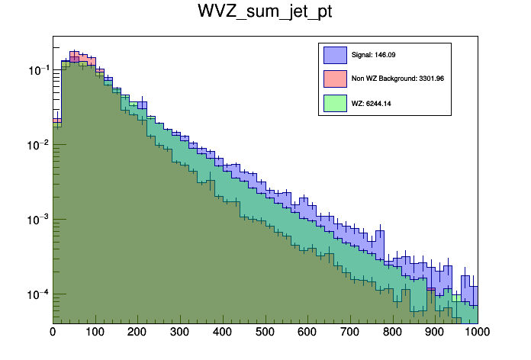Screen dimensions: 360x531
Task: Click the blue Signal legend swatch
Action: pyautogui.click(x=335, y=55)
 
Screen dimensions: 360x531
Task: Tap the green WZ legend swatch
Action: pyautogui.click(x=335, y=102)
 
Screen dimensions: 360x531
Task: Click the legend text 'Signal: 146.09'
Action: pyautogui.click(x=373, y=56)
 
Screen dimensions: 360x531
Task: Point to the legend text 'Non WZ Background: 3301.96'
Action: pyautogui.click(x=397, y=79)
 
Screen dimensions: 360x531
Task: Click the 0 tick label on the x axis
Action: pyautogui.click(x=53, y=332)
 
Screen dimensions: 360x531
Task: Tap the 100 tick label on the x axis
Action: pyautogui.click(x=95, y=332)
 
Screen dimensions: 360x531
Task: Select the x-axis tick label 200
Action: pyautogui.click(x=137, y=332)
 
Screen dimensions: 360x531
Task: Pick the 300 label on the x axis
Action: pyautogui.click(x=180, y=332)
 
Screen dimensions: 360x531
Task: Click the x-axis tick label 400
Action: pyautogui.click(x=223, y=332)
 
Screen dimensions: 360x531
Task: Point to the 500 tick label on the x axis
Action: pyautogui.click(x=265, y=332)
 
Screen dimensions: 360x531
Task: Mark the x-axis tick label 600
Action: pyautogui.click(x=307, y=332)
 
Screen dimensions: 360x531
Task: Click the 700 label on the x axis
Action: pyautogui.click(x=350, y=332)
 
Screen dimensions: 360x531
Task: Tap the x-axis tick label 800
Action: pyautogui.click(x=393, y=332)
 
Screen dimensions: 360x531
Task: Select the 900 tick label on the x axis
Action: pyautogui.click(x=436, y=332)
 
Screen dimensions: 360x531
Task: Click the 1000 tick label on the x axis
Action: pyautogui.click(x=476, y=332)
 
